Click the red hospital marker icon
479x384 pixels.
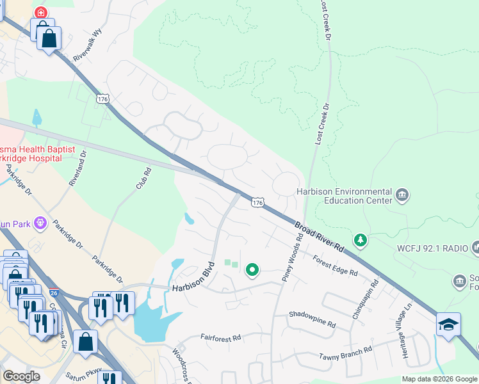click(41, 12)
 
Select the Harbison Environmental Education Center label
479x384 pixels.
click(344, 196)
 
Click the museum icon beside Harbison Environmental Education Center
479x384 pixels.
click(402, 195)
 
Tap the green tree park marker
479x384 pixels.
click(361, 240)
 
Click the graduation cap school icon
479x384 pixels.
click(448, 323)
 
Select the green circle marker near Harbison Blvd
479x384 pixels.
click(252, 270)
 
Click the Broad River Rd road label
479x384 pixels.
click(320, 237)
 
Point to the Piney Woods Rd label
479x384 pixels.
click(293, 257)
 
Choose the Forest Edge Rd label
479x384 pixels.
click(335, 266)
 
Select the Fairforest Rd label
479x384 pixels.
click(220, 337)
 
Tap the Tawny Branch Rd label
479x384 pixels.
click(346, 354)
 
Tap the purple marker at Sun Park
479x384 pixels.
click(41, 223)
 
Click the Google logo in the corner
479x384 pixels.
click(21, 376)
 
